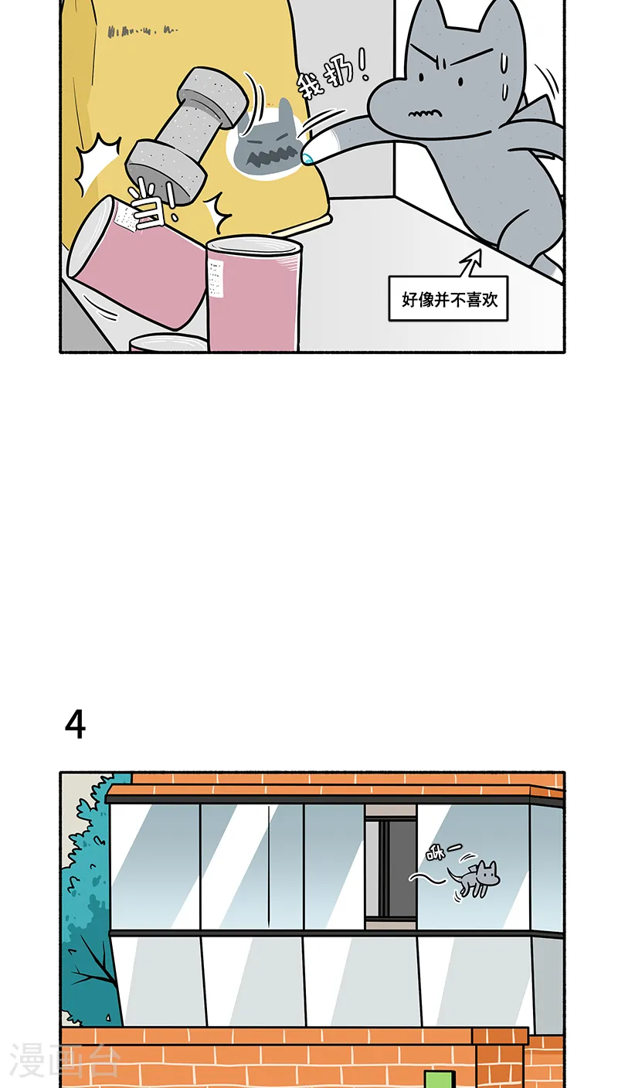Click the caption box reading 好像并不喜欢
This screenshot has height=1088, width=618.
coord(448,299)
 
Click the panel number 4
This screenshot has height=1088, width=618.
coord(75,725)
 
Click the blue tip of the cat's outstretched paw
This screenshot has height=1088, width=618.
coord(308,159)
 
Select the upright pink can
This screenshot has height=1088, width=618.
coord(253,294)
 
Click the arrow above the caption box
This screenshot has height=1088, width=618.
coord(470,263)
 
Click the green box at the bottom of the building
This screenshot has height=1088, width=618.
coord(440,1079)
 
